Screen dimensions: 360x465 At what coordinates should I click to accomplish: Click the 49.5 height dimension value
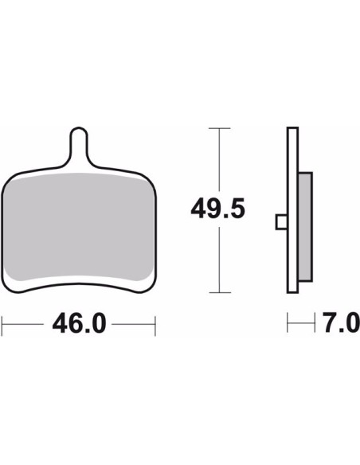tap(217, 208)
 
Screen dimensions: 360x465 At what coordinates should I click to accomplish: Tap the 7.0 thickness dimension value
tap(341, 322)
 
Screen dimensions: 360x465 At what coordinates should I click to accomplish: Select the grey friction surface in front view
tap(78, 227)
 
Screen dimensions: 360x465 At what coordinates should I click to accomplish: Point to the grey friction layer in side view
tap(305, 227)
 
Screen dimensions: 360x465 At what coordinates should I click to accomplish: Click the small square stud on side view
tap(281, 222)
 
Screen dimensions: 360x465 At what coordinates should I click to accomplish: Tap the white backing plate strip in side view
tap(292, 210)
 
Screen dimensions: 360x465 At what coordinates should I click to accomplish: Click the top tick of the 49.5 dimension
tap(220, 128)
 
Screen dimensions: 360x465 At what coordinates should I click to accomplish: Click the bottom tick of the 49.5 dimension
tap(220, 292)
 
